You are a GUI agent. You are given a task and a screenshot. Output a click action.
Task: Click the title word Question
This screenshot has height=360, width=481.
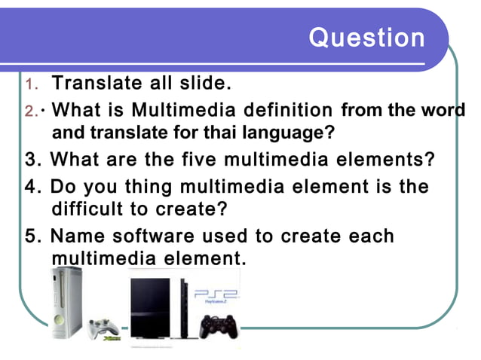[x=367, y=38]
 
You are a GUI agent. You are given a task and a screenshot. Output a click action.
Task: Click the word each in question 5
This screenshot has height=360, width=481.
[x=370, y=236]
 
